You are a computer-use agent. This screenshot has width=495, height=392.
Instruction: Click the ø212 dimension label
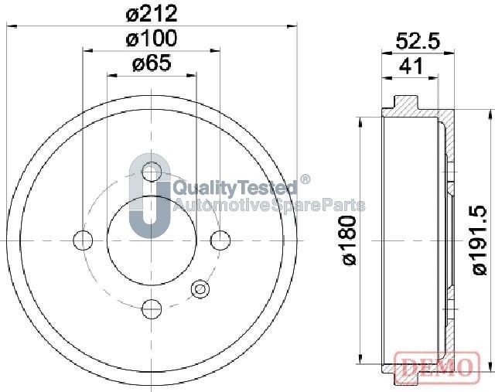pyautogui.click(x=152, y=14)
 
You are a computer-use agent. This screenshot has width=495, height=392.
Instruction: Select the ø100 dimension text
pyautogui.click(x=152, y=39)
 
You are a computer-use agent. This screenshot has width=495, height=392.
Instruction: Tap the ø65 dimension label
pyautogui.click(x=152, y=63)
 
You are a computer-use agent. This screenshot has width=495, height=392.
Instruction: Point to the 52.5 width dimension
pyautogui.click(x=418, y=41)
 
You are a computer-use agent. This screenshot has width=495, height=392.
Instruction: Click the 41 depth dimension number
pyautogui.click(x=411, y=66)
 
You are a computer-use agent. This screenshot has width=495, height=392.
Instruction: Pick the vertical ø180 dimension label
pyautogui.click(x=349, y=240)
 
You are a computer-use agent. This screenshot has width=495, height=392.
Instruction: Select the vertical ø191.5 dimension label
pyautogui.click(x=481, y=240)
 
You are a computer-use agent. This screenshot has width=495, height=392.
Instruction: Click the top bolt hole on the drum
pyautogui.click(x=152, y=172)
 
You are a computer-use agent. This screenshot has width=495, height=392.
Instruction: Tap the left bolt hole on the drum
pyautogui.click(x=83, y=240)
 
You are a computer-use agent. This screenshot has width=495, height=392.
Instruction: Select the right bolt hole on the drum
pyautogui.click(x=220, y=240)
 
